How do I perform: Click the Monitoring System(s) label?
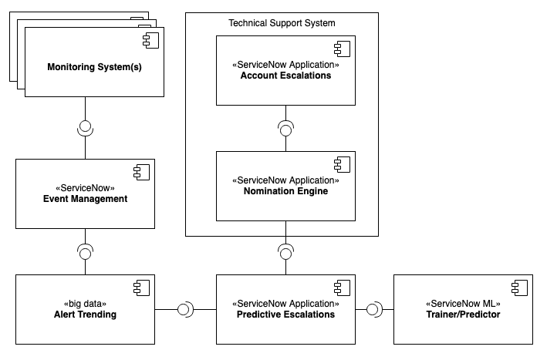tap(95, 67)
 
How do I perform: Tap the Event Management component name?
tap(85, 199)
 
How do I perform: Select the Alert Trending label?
tap(85, 315)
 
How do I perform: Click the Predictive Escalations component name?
tap(285, 315)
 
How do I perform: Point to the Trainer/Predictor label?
tap(463, 315)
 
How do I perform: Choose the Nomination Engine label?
tap(285, 191)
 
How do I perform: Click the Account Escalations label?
tap(285, 76)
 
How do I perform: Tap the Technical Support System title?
tap(282, 23)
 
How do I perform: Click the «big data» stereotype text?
tap(85, 303)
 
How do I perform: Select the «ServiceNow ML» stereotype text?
tap(463, 303)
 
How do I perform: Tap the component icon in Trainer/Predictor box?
tap(519, 288)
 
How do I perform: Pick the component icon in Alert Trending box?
tap(141, 288)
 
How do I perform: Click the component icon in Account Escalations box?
tap(342, 48)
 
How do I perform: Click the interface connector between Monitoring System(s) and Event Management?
tap(85, 128)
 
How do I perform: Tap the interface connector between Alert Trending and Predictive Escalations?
tap(185, 309)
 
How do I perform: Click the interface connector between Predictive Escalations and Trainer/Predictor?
tap(373, 309)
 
